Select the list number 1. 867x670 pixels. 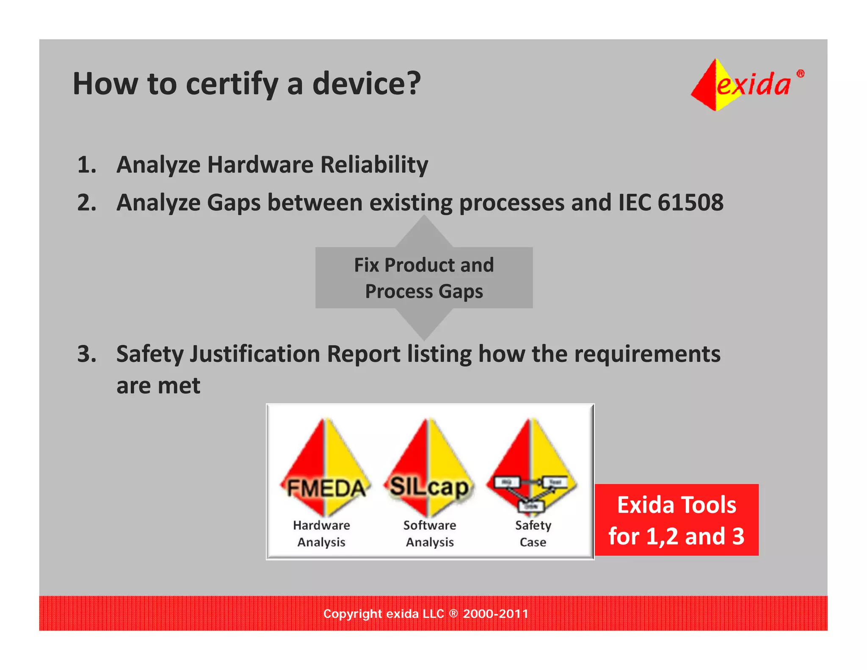pyautogui.click(x=87, y=165)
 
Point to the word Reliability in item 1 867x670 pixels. pyautogui.click(x=374, y=165)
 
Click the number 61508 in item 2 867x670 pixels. pyautogui.click(x=690, y=202)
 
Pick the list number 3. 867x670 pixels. pyautogui.click(x=87, y=354)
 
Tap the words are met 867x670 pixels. pyautogui.click(x=158, y=386)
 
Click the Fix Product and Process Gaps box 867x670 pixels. pyautogui.click(x=424, y=278)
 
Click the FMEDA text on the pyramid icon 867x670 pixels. pyautogui.click(x=326, y=488)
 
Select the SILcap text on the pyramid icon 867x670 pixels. pyautogui.click(x=429, y=487)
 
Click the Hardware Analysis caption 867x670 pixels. pyautogui.click(x=321, y=534)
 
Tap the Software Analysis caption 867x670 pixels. pyautogui.click(x=430, y=534)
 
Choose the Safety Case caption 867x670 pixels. pyautogui.click(x=533, y=534)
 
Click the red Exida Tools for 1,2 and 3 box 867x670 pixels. pyautogui.click(x=676, y=520)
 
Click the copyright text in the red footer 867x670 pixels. pyautogui.click(x=425, y=614)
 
